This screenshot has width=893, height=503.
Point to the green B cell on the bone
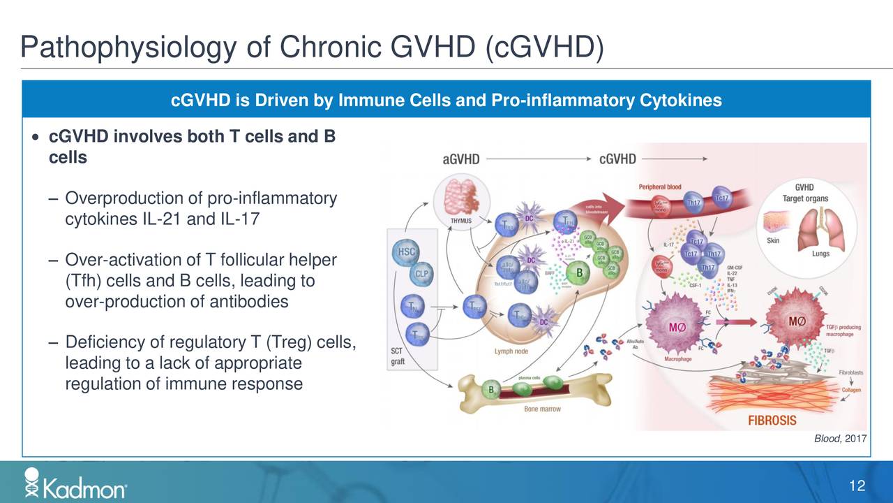491,389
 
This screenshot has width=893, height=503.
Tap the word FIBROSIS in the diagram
772,421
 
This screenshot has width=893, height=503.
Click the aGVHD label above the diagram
461,159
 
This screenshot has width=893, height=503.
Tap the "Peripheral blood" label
660,187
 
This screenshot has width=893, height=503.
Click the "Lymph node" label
511,351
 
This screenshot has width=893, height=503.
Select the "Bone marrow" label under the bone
542,409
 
